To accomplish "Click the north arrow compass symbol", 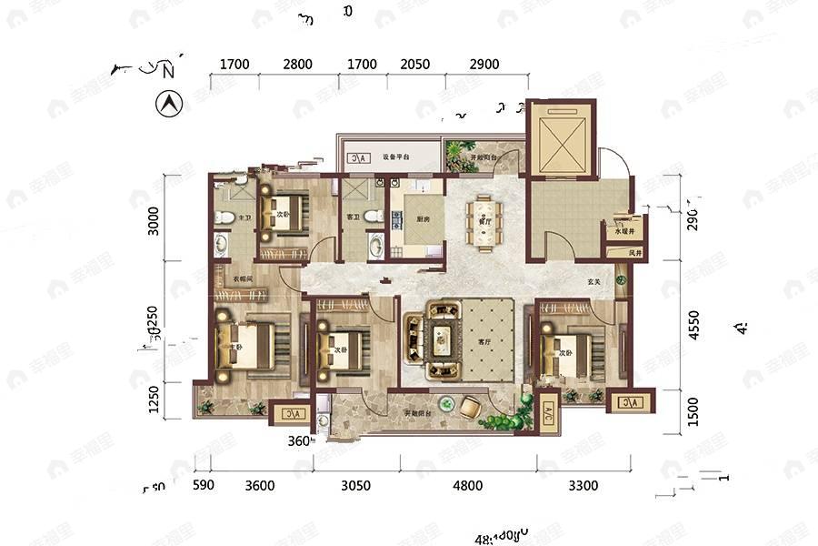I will coord(168,105).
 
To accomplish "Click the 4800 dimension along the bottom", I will coord(468,485).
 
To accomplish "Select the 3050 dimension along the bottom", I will coord(355,485).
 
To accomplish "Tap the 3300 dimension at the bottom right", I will coord(583,485).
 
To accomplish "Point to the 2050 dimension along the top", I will coord(414,65).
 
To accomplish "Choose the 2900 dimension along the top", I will coord(484,65).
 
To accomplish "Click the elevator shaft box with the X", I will coord(560,136).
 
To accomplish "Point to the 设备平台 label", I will coord(394,157).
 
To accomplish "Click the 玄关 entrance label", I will coord(595,282).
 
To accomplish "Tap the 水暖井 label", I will coord(624,231).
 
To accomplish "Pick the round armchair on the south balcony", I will coord(471,408).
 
